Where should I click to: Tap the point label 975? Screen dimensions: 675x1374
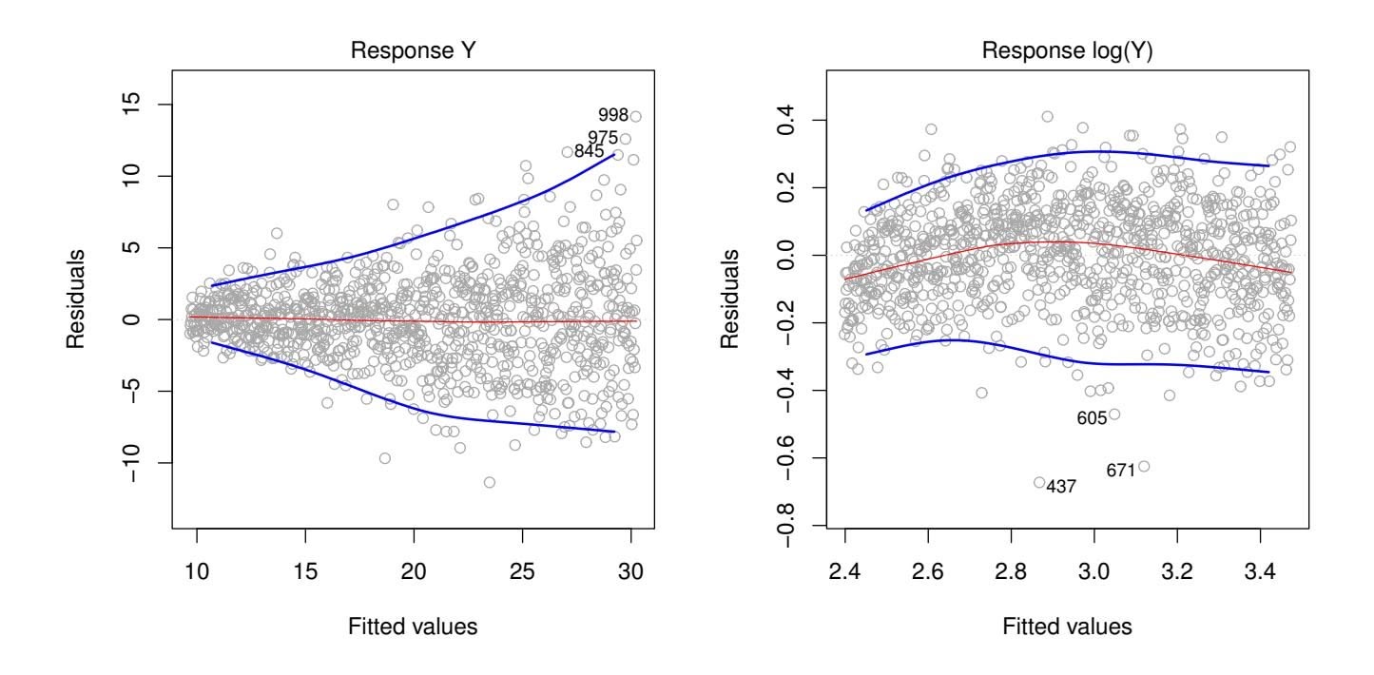coord(603,138)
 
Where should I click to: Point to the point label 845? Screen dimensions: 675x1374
coord(590,151)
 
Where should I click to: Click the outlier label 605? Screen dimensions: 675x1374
coord(1092,418)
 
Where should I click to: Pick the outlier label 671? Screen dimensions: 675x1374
coord(1121,471)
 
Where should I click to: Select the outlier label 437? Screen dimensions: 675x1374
coord(1061,487)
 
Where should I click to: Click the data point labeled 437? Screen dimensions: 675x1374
coord(1039,483)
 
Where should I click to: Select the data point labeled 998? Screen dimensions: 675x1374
coord(635,116)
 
